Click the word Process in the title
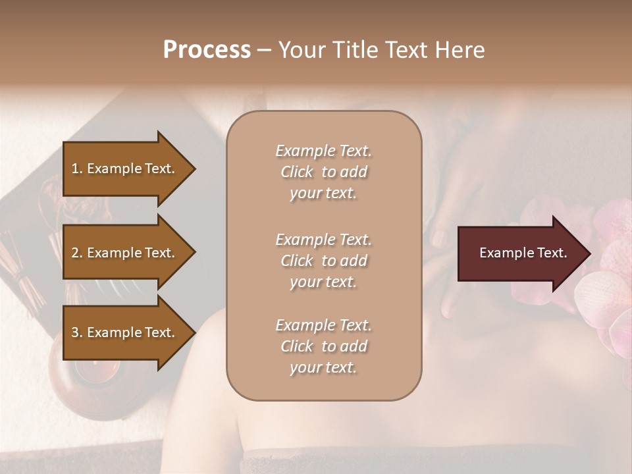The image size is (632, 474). (207, 50)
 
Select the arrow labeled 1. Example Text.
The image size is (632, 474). (125, 169)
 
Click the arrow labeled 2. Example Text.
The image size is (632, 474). (125, 253)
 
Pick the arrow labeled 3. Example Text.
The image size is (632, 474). (125, 332)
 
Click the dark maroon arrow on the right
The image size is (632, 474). (520, 253)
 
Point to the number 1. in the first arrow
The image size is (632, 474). (77, 169)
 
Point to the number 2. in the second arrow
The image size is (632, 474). (77, 253)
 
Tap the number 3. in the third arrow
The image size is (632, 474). (77, 332)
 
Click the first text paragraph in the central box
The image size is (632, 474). (323, 172)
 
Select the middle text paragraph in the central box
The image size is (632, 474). (323, 261)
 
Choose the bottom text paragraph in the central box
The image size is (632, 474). (323, 346)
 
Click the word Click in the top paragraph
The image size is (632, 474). (297, 172)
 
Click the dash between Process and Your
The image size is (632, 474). (264, 50)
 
